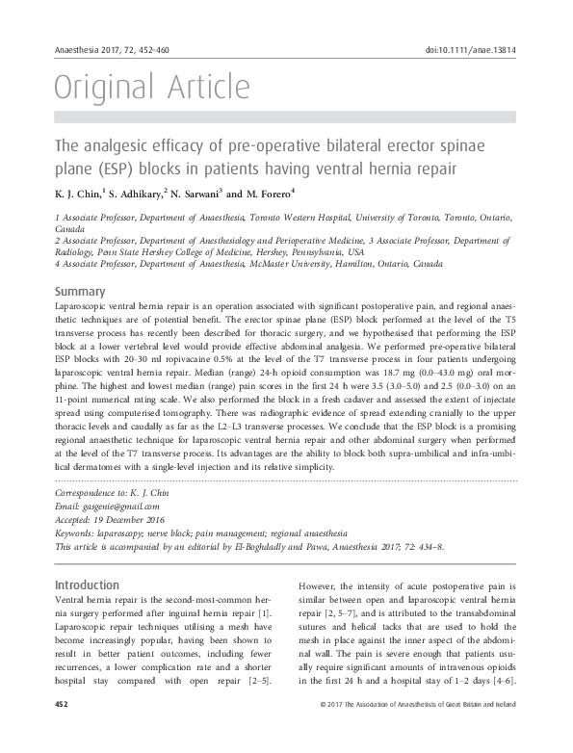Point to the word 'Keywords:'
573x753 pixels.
(x=80, y=532)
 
